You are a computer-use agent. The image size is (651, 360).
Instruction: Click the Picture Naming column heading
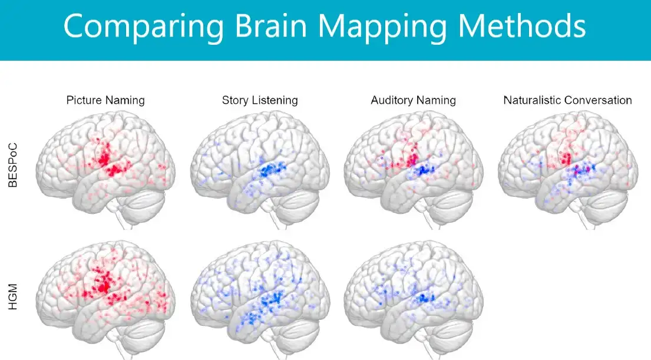coord(105,101)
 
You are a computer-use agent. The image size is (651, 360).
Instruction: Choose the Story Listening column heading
coord(260,101)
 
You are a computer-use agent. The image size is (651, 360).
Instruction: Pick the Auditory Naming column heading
coord(413,101)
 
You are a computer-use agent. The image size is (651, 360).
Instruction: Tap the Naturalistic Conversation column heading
coord(567,100)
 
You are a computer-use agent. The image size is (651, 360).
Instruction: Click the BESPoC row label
coord(13,165)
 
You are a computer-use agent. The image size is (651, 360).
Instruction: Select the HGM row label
coord(13,297)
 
